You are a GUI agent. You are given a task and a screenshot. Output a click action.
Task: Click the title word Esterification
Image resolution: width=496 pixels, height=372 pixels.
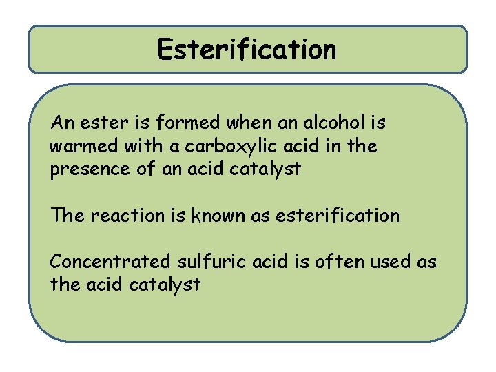[247, 49]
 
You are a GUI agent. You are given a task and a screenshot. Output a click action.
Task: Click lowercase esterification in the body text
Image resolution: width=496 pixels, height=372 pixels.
[338, 216]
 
